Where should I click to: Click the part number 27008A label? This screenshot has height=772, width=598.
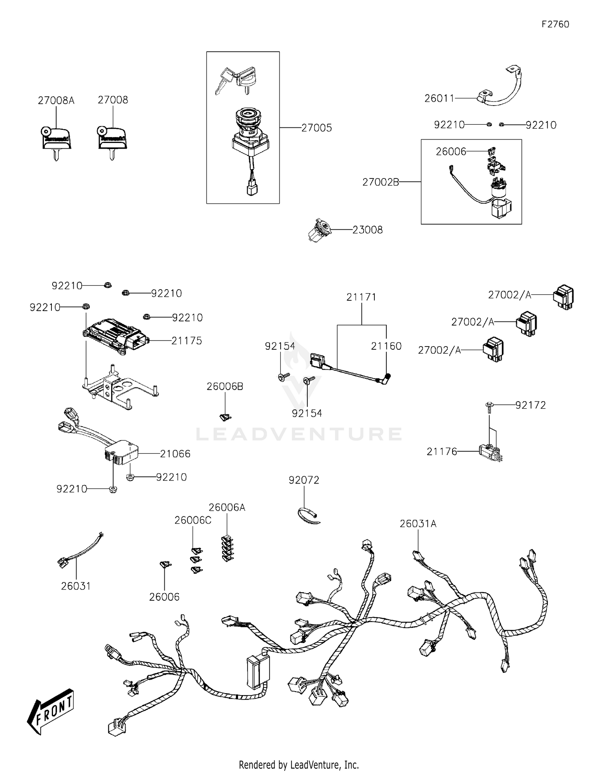pos(56,100)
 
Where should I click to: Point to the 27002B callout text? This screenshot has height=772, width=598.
pos(380,182)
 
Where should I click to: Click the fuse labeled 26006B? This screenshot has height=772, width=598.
pos(225,417)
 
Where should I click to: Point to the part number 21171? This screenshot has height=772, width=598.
pos(361,297)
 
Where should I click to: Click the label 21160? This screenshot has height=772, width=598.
pos(386,346)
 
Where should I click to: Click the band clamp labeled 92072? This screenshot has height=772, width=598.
pos(309,515)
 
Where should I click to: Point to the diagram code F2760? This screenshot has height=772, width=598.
pos(555,24)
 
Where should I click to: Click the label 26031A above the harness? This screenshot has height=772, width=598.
pos(418,524)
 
